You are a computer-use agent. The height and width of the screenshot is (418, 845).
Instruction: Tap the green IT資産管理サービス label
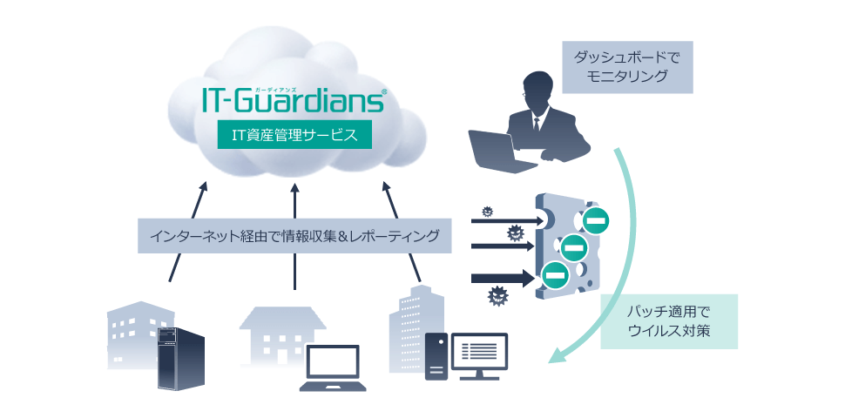pyautogui.click(x=287, y=135)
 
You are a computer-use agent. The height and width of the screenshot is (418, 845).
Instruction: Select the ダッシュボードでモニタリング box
pyautogui.click(x=627, y=66)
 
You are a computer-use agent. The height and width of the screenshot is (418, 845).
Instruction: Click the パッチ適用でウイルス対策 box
pyautogui.click(x=669, y=321)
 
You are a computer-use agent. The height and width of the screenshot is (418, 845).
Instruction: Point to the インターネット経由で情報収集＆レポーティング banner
pyautogui.click(x=294, y=235)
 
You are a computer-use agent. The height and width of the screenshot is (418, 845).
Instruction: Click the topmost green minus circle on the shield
pyautogui.click(x=596, y=220)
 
